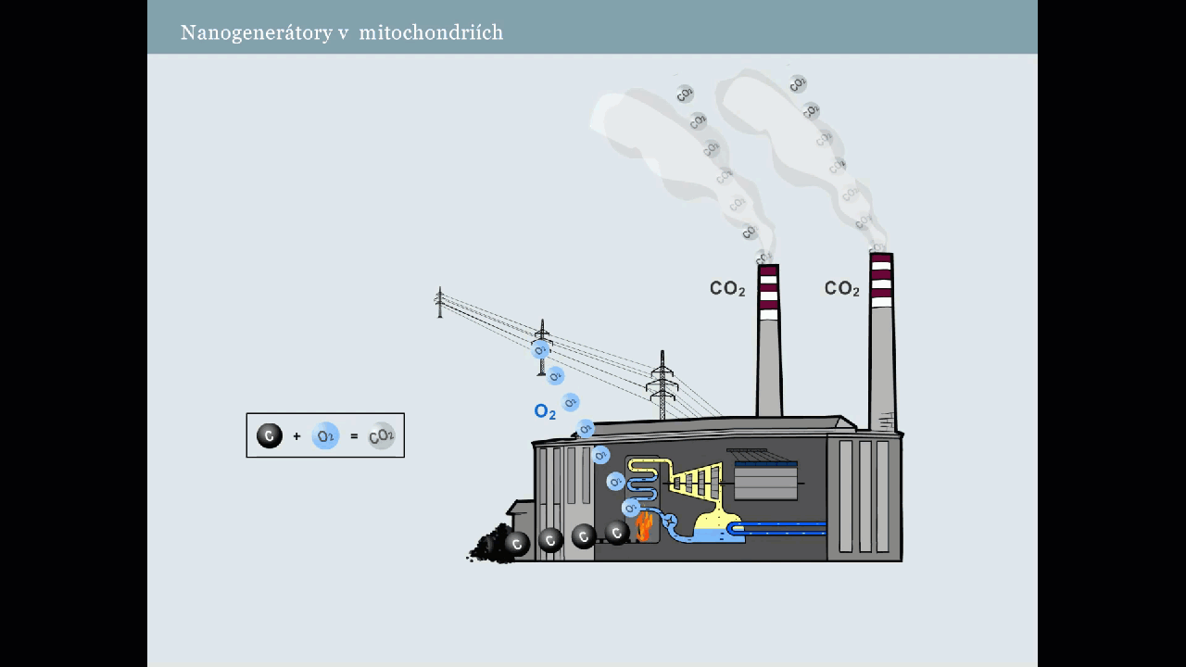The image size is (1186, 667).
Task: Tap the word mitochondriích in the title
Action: [x=431, y=33]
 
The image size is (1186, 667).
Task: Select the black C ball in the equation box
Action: [x=270, y=435]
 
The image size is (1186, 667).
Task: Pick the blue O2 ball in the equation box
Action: [x=325, y=435]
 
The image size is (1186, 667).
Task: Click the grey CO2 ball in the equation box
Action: [x=382, y=435]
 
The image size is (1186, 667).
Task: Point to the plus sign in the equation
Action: [x=296, y=436]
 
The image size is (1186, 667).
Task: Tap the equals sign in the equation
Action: [x=354, y=436]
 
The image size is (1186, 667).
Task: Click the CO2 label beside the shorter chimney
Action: [x=727, y=289]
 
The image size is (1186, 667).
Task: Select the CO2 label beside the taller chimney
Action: [x=842, y=289]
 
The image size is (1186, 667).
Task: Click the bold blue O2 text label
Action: [x=545, y=412]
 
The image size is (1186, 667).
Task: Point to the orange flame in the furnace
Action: [x=644, y=527]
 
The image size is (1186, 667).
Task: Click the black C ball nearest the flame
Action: [x=617, y=532]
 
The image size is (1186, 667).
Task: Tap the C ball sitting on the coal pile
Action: [x=516, y=544]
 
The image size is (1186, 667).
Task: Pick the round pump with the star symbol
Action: [x=669, y=522]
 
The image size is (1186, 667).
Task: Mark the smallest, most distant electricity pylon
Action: [x=440, y=303]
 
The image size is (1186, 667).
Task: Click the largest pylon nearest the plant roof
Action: [x=662, y=384]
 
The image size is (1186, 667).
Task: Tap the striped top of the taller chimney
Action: [x=881, y=280]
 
